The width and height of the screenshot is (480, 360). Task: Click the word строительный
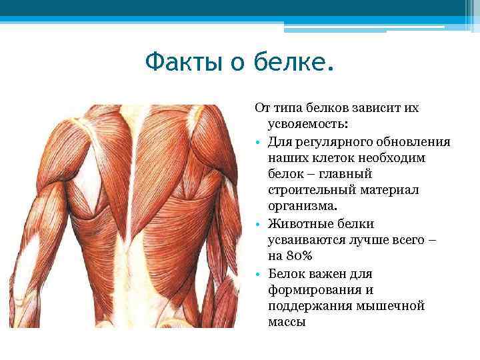click(x=309, y=190)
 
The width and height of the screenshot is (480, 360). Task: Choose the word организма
click(x=302, y=207)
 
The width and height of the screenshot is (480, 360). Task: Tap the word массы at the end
click(x=287, y=322)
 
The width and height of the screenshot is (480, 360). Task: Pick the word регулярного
click(x=329, y=141)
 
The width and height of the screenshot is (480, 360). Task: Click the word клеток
click(x=329, y=157)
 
